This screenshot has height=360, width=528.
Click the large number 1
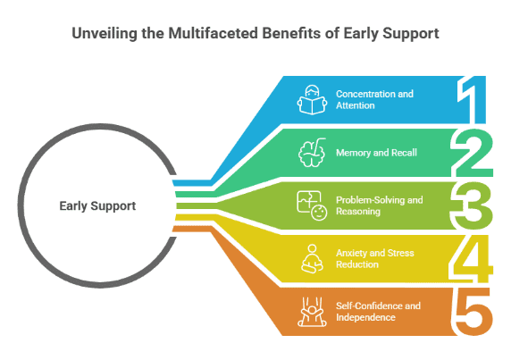pyautogui.click(x=473, y=99)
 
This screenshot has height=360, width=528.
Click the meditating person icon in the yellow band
pyautogui.click(x=312, y=257)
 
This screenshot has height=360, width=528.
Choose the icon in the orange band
pyautogui.click(x=312, y=311)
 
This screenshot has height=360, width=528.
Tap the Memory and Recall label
pyautogui.click(x=376, y=152)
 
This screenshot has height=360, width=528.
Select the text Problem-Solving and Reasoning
pyautogui.click(x=379, y=205)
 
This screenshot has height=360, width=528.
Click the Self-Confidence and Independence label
pyautogui.click(x=378, y=311)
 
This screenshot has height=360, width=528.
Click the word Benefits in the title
pyautogui.click(x=284, y=34)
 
